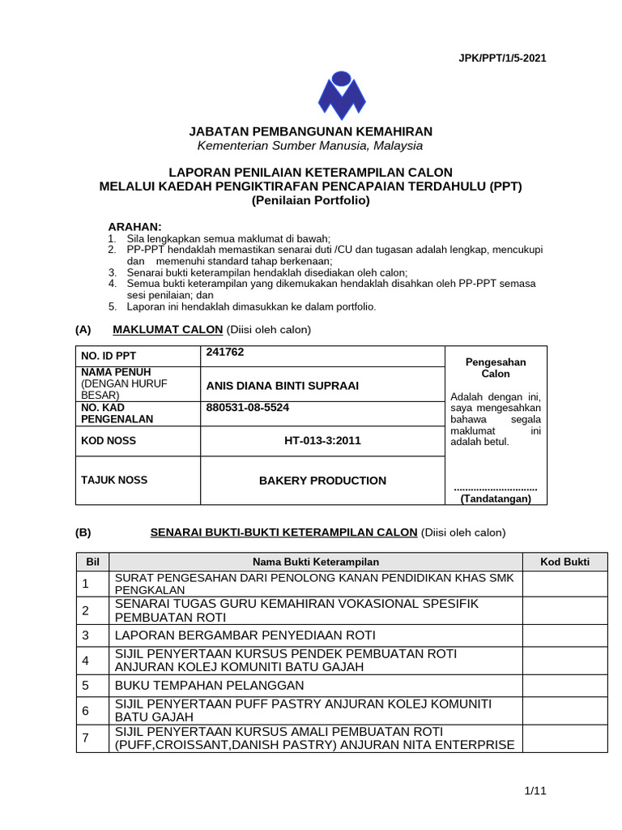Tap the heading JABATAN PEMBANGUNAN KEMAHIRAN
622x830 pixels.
311,131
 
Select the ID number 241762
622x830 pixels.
225,353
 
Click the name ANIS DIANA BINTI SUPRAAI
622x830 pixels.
282,385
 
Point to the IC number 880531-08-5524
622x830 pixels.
248,408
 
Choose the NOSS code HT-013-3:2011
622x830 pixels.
322,441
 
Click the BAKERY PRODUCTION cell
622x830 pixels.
322,481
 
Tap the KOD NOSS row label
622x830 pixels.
109,441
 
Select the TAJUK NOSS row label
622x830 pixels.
114,480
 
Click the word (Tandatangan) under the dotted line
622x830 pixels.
496,498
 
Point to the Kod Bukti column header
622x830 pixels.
565,562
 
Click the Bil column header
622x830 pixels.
92,562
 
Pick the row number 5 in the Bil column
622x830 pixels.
84,685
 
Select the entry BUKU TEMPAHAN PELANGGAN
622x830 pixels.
205,685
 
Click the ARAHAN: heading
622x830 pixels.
135,225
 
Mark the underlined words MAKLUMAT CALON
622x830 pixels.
168,329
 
